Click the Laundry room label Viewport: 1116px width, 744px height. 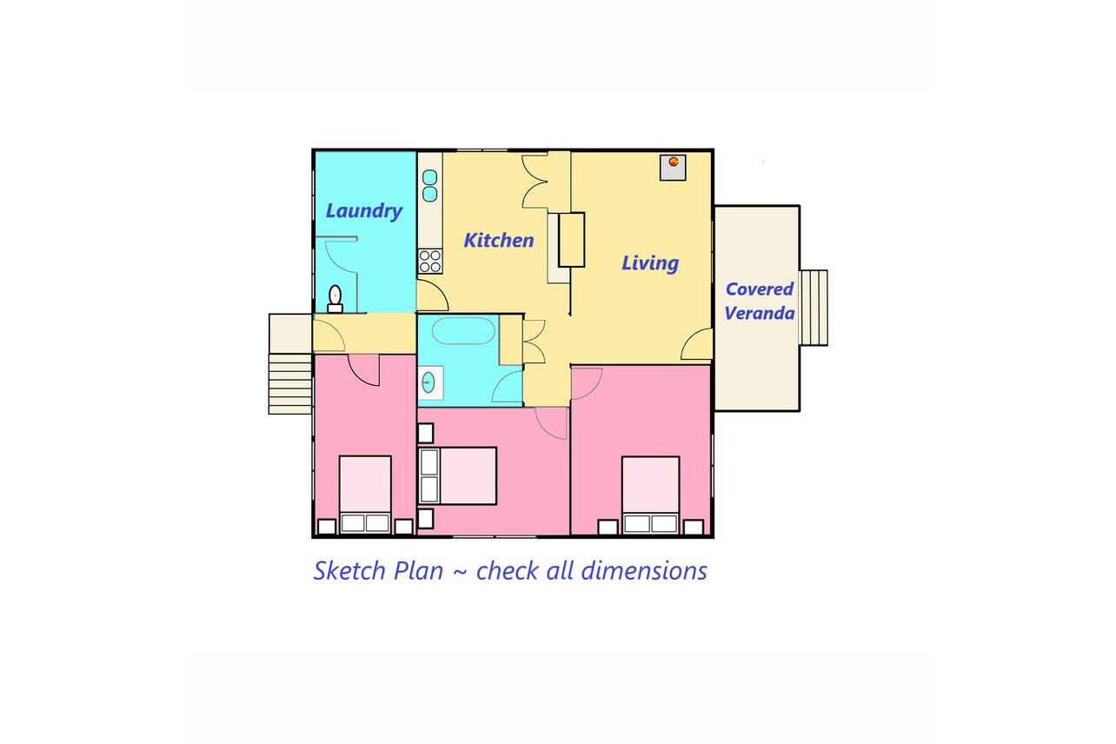(x=363, y=211)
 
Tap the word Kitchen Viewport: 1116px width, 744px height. (x=499, y=240)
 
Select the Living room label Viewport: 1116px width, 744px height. (x=649, y=263)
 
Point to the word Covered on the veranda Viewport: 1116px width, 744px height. (x=760, y=289)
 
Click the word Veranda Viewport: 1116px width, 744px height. (x=760, y=314)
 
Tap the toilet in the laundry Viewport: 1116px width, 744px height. (x=335, y=298)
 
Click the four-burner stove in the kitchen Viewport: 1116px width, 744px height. (x=430, y=261)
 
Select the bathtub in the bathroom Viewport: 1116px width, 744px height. (x=463, y=331)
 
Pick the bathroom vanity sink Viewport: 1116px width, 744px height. (x=429, y=382)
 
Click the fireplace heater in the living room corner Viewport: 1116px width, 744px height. (x=673, y=168)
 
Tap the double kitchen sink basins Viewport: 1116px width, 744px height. (x=429, y=185)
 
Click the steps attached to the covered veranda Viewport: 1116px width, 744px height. (x=814, y=308)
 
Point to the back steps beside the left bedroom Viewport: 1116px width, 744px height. (x=290, y=383)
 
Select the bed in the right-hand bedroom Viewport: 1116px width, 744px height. (x=651, y=495)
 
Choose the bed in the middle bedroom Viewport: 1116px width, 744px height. (x=458, y=476)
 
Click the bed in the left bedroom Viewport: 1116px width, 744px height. (x=365, y=495)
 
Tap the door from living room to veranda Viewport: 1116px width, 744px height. (x=696, y=344)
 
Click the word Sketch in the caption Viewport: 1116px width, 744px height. (x=349, y=570)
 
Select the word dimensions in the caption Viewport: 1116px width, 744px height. (x=644, y=570)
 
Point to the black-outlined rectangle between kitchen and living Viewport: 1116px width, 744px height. (x=571, y=240)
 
